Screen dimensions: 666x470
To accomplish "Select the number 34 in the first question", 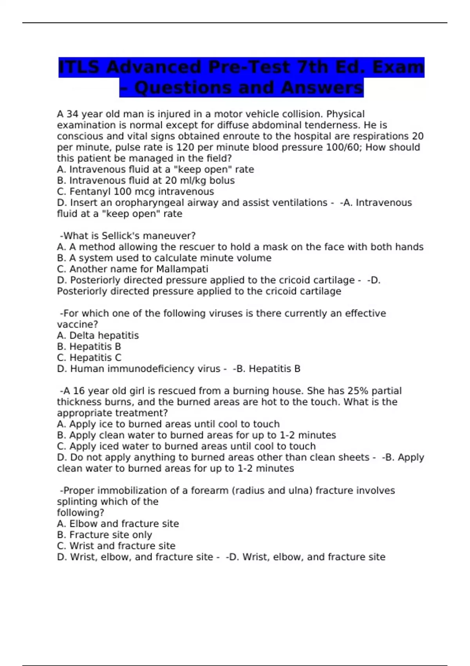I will point(72,114).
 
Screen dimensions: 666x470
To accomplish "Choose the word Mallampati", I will point(182,269).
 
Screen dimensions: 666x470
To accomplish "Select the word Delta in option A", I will point(82,335).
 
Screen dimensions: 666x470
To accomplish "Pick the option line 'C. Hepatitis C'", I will point(89,358).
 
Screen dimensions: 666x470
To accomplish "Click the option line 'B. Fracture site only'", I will point(105,535).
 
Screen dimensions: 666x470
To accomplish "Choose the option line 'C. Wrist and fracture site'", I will point(116,546).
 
